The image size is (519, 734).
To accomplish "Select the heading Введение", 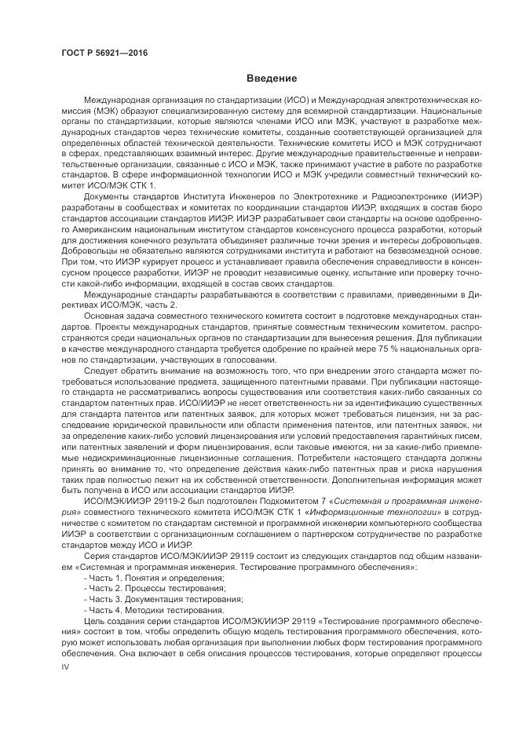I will pyautogui.click(x=272, y=79).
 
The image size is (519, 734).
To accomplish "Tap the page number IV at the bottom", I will pyautogui.click(x=66, y=668).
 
